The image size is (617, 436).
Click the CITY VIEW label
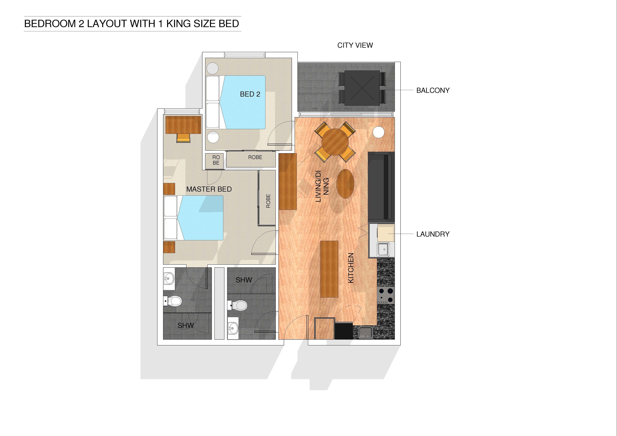click(355, 45)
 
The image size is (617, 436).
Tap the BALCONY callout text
click(433, 91)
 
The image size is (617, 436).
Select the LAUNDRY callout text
click(433, 234)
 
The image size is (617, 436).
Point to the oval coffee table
click(345, 184)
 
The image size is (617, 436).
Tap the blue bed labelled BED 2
click(243, 102)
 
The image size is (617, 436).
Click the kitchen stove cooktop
click(386, 295)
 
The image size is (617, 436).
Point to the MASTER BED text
click(209, 189)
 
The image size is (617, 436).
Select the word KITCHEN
click(351, 268)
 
